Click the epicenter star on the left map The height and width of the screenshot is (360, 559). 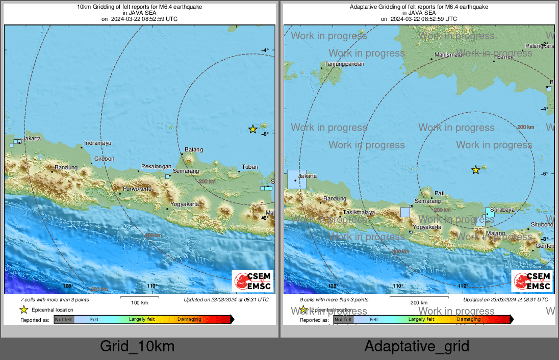tap(252, 129)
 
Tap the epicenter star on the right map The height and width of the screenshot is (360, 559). tap(475, 170)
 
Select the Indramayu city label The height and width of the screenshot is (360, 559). tap(97, 143)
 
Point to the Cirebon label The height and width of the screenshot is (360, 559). tap(105, 159)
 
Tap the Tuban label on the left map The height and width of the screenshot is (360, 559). tap(250, 167)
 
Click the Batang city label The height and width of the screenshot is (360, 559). tap(194, 149)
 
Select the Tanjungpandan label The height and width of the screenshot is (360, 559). tap(345, 64)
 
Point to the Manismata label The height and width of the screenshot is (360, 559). tap(448, 55)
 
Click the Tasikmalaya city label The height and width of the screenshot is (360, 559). tap(359, 212)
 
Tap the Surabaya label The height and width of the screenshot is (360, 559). tap(502, 210)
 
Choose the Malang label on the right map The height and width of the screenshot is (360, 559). tap(495, 234)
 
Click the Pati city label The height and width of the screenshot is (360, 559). tap(440, 193)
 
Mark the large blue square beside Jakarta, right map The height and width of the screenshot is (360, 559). tap(297, 179)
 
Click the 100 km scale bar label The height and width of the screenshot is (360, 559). tap(139, 303)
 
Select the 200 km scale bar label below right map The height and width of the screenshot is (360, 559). tap(419, 303)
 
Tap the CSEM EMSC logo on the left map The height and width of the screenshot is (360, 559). tap(252, 281)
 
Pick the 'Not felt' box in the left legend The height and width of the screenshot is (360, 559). tap(64, 320)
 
